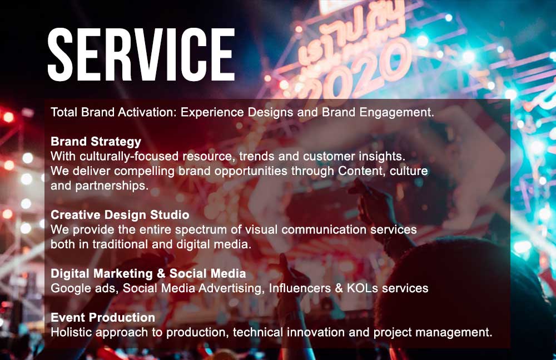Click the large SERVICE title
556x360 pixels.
141,55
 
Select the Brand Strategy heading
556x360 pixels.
96,142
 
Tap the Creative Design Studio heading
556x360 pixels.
120,215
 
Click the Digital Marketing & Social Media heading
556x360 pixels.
148,273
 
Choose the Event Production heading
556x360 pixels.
103,317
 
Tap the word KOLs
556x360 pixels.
363,288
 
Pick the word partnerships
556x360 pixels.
112,186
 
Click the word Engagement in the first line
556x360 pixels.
397,113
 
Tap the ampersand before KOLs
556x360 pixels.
339,288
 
